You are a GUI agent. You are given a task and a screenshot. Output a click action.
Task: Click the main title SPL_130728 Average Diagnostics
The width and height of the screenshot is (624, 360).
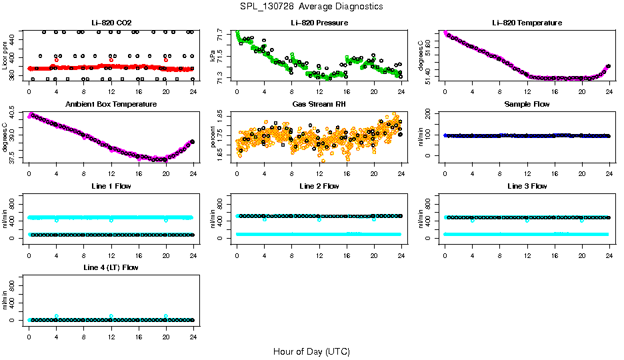click(x=312, y=6)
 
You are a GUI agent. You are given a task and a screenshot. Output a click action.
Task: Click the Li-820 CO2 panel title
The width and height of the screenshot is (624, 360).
click(x=111, y=23)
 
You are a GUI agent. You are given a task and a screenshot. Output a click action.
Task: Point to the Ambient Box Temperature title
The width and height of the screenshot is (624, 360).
click(x=111, y=105)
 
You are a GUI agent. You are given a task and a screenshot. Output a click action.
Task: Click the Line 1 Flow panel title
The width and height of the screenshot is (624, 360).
click(x=111, y=186)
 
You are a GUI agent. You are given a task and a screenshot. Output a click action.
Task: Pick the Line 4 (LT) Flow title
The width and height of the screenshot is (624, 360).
click(x=111, y=267)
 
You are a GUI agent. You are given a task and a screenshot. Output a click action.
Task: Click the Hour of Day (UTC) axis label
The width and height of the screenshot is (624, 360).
click(x=311, y=351)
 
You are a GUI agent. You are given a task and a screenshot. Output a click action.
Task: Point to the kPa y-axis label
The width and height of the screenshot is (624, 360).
click(x=213, y=56)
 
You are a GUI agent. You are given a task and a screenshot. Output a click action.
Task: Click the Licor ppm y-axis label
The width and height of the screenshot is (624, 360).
click(x=5, y=56)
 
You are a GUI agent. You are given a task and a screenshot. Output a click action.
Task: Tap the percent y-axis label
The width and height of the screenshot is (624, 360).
click(x=213, y=137)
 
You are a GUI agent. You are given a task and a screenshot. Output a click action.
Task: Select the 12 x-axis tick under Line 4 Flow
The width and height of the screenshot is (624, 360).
click(x=111, y=330)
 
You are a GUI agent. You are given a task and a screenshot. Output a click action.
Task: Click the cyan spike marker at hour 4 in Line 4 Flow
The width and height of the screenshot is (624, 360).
click(x=57, y=316)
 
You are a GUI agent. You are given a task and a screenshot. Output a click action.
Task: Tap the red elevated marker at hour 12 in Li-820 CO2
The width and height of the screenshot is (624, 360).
click(x=111, y=60)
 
